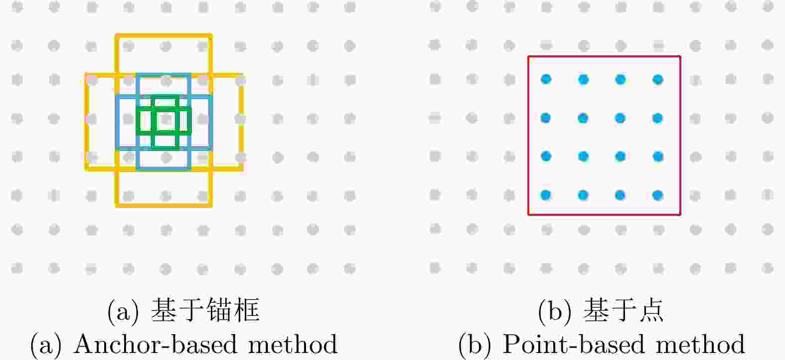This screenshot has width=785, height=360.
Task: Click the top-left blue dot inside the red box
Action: pos(546,79)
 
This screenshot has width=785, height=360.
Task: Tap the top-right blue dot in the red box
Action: pos(658,80)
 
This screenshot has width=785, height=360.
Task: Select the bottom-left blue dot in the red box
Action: pos(546,195)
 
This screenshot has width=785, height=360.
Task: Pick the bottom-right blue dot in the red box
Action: pos(658,195)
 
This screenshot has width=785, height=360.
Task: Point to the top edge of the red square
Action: pos(605,56)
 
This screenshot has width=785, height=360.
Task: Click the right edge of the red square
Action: pos(680,135)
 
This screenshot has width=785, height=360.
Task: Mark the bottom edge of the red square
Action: pos(605,214)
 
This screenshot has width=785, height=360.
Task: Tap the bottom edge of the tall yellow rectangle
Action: pos(163,205)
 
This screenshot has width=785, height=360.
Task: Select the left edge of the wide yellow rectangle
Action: pos(87,122)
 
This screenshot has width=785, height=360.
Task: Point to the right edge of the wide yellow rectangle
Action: pos(241,122)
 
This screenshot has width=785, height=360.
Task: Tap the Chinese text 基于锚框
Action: pos(205,310)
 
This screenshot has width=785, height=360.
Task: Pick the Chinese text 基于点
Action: pos(623,310)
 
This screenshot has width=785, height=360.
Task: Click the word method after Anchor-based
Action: pos(293,344)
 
